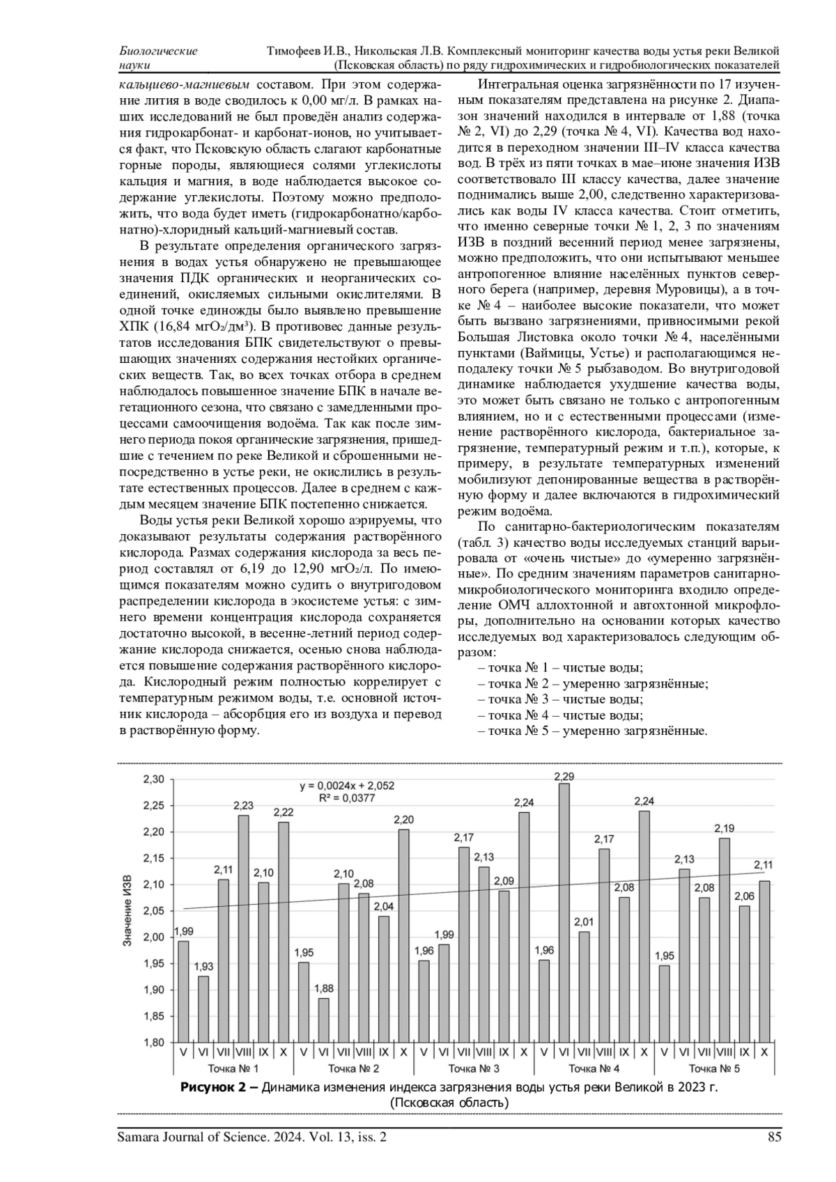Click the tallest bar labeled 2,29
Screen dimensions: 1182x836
[564, 912]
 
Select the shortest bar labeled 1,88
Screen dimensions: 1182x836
[323, 1020]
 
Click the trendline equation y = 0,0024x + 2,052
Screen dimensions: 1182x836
[347, 786]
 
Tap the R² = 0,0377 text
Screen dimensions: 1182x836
[347, 798]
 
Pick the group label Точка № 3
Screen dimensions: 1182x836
[474, 1068]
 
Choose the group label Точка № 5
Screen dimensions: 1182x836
[714, 1068]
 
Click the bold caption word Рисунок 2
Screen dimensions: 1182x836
[219, 1087]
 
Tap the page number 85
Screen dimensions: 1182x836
[774, 1137]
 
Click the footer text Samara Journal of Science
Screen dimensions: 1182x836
[193, 1137]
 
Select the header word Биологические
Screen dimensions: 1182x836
[158, 51]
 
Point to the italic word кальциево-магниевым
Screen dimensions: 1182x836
[184, 85]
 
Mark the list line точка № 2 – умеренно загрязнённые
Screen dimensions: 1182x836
[593, 683]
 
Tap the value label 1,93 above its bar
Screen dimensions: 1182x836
[203, 967]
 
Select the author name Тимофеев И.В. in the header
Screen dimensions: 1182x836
[309, 51]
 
